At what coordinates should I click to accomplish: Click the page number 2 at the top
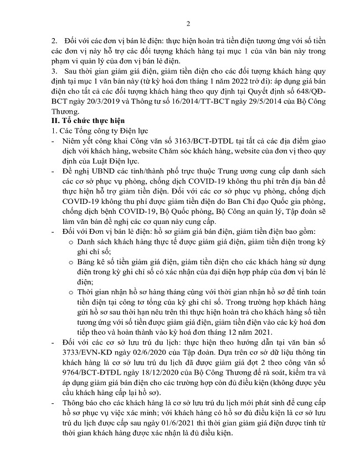pyautogui.click(x=188, y=23)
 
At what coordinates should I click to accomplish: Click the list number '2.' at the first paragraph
pyautogui.click(x=54, y=41)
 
